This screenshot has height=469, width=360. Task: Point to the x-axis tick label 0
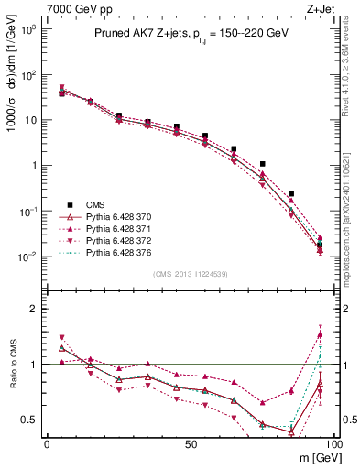(47, 443)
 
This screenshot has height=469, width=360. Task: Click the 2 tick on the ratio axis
(37, 309)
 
